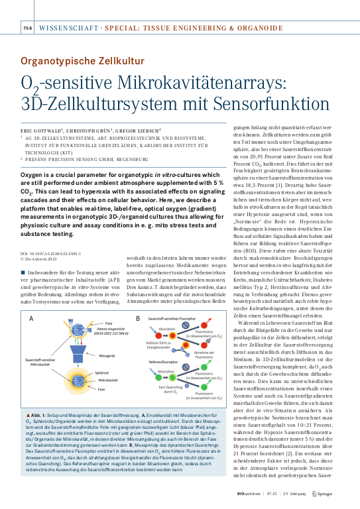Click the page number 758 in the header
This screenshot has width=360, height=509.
tap(27, 28)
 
